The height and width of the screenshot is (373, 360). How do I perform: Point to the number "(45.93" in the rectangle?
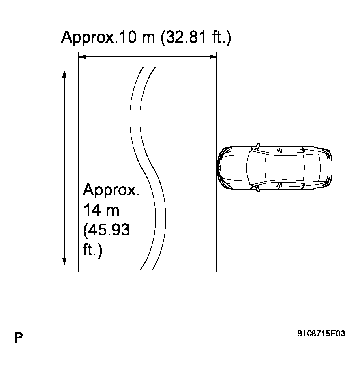coord(106,230)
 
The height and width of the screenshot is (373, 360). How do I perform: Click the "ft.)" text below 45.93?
coord(92,250)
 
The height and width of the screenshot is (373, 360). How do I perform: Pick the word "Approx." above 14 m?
coord(111,190)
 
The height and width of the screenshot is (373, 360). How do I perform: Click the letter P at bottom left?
coord(18,338)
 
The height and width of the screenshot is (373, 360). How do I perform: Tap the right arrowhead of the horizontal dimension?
coord(213,57)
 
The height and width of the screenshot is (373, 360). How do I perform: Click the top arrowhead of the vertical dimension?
coord(64,75)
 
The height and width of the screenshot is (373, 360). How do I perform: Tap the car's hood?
coord(233,168)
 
